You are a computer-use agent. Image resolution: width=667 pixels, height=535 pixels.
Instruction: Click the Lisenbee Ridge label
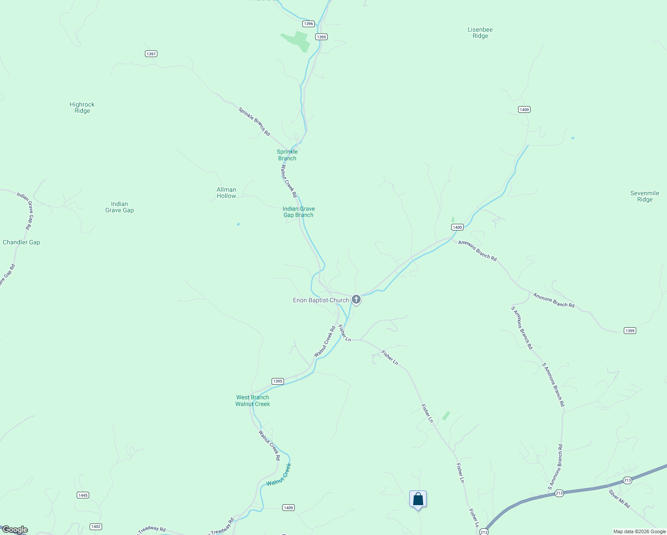(480, 33)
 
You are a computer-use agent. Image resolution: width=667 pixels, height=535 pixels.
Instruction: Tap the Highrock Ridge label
(82, 108)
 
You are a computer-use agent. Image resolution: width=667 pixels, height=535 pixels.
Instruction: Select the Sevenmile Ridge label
(645, 197)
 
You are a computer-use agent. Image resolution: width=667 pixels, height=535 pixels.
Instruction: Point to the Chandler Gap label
(21, 243)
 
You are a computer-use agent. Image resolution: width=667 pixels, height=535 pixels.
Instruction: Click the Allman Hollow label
(226, 193)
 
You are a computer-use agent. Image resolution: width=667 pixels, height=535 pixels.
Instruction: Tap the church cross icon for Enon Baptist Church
(356, 300)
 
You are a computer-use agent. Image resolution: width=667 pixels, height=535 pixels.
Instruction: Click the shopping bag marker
(418, 499)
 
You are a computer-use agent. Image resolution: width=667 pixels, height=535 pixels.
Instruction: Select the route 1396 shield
(308, 24)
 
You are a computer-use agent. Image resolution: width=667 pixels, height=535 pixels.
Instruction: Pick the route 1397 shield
(151, 54)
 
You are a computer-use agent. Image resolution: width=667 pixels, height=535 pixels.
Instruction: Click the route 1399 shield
(630, 331)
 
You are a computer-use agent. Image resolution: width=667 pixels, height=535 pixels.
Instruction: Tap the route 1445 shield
(83, 495)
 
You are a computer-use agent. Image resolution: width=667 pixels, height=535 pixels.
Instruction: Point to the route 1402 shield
(96, 527)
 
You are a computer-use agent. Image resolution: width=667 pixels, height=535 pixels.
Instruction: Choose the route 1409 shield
(288, 508)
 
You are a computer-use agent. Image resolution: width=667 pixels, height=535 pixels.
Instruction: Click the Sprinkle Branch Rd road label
(254, 121)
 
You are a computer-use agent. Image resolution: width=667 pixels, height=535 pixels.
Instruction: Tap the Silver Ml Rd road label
(619, 499)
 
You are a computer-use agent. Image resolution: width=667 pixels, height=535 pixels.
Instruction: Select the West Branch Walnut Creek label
(253, 401)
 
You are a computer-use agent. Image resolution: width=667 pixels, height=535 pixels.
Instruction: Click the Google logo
(15, 530)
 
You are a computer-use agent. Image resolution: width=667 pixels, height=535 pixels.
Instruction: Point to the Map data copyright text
(639, 531)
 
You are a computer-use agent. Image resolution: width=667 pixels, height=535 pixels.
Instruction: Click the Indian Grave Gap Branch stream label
(299, 212)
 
